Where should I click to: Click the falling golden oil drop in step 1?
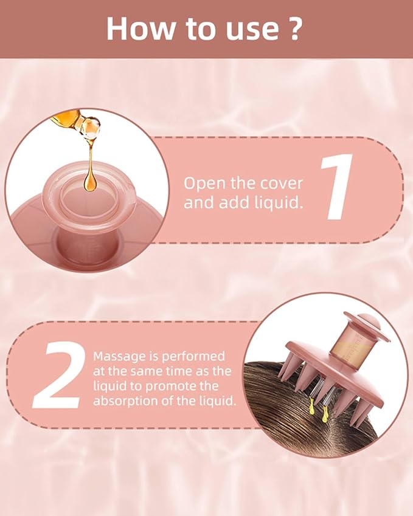[x=90, y=180]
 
